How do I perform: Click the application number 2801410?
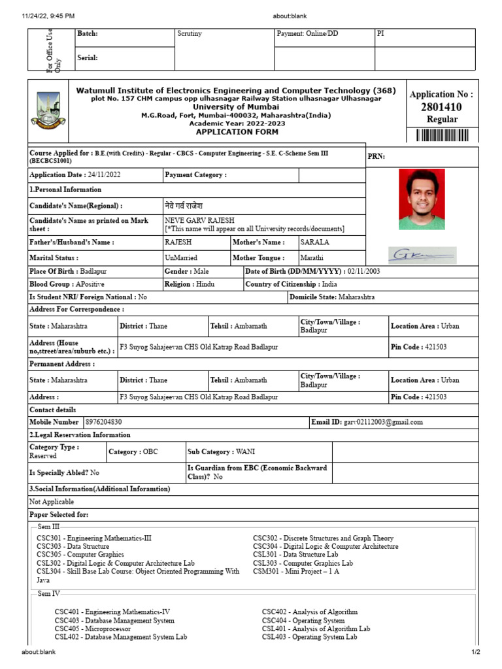[x=441, y=107]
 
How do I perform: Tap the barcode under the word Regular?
[x=442, y=135]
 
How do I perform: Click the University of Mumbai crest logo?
[x=48, y=111]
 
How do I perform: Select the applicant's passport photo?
[x=422, y=199]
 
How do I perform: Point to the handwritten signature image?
[x=422, y=255]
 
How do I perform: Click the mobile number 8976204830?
[x=104, y=422]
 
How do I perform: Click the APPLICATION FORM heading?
[x=237, y=132]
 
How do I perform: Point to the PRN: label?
[x=376, y=156]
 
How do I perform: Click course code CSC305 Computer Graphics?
[x=80, y=554]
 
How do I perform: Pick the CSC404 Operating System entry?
[x=303, y=621]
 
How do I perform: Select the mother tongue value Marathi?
[x=312, y=258]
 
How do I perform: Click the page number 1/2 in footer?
[x=476, y=652]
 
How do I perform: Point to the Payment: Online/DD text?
[x=308, y=34]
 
